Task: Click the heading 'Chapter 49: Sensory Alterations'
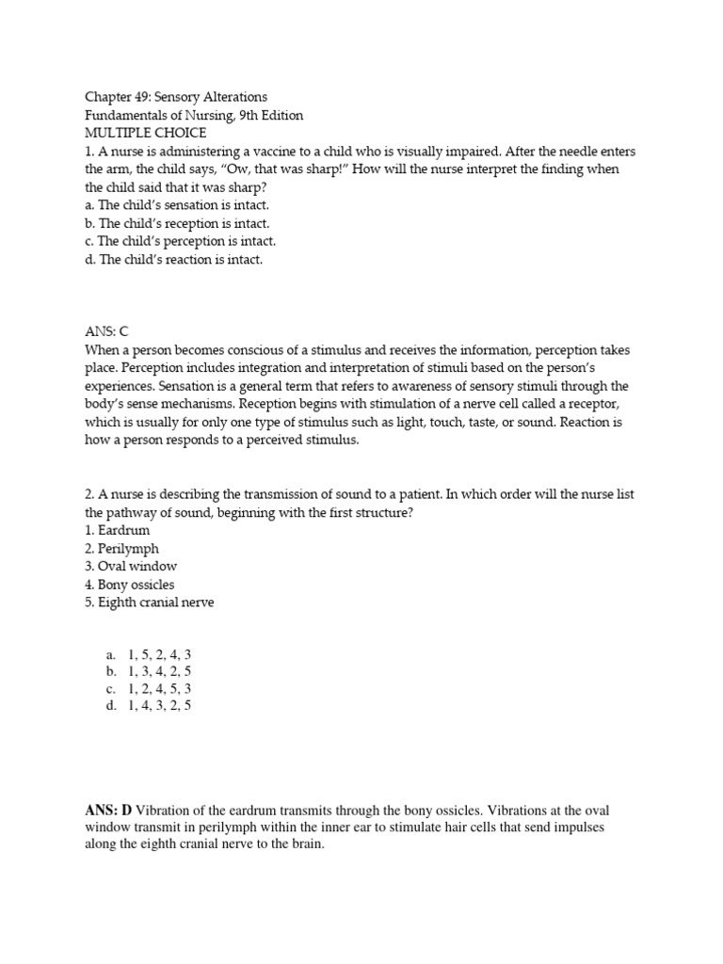[176, 97]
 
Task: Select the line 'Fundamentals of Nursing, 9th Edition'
[194, 115]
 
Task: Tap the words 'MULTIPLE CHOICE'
[145, 133]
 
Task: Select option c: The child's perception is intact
[180, 241]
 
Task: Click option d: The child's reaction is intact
[174, 260]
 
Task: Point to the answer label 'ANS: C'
[105, 331]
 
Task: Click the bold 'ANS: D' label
[109, 810]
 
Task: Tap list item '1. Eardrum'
[117, 531]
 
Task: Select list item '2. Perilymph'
[121, 549]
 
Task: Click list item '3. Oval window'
[131, 567]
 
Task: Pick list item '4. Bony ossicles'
[130, 585]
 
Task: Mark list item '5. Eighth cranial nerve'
[150, 602]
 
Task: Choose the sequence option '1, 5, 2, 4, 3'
[159, 654]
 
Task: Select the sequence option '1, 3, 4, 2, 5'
[159, 671]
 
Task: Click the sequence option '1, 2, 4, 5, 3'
[159, 688]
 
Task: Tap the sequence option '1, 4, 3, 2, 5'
[159, 705]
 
